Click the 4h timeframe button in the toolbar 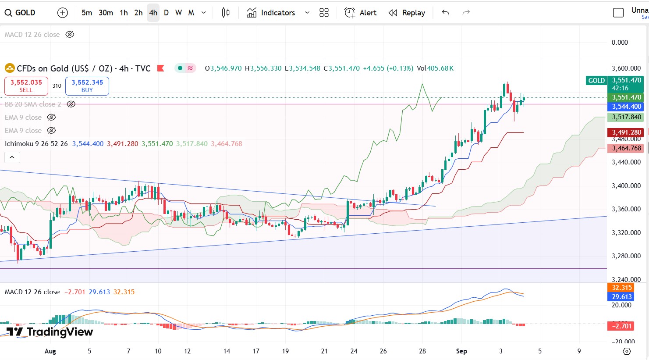click(153, 13)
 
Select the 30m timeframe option click(106, 13)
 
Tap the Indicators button click(271, 13)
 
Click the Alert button click(360, 13)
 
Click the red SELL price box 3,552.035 click(26, 86)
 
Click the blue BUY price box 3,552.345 click(87, 86)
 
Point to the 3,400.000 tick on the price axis click(626, 186)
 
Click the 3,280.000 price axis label click(626, 256)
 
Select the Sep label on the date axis click(461, 351)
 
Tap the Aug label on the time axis click(50, 351)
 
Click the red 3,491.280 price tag click(626, 132)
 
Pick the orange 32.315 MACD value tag click(621, 288)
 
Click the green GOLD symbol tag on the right click(596, 81)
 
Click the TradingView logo click(50, 332)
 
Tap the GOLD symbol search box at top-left click(21, 13)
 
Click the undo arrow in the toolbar click(446, 13)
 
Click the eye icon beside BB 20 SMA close click(71, 104)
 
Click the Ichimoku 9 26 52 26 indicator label click(36, 144)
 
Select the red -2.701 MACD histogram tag click(621, 326)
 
